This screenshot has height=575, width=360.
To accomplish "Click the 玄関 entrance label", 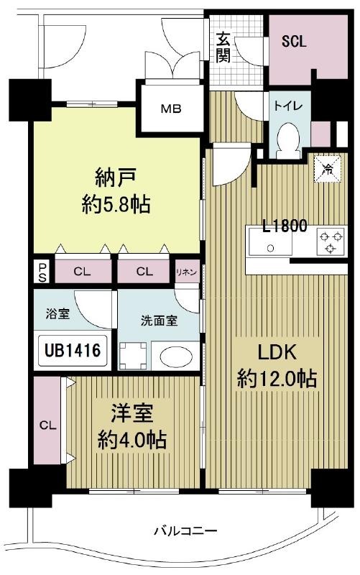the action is [x=223, y=47].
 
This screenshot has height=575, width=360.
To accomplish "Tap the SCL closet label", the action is [x=294, y=42].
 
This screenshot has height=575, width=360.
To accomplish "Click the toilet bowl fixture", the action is [x=289, y=141].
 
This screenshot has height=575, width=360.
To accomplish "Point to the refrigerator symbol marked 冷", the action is [x=328, y=169].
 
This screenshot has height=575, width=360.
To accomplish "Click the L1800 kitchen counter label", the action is [x=285, y=225].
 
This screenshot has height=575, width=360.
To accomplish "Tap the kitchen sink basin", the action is [x=271, y=241].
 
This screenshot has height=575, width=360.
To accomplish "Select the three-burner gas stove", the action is [x=331, y=241].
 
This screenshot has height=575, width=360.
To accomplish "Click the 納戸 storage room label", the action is [x=116, y=177].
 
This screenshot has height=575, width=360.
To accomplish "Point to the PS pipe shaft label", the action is [x=42, y=272].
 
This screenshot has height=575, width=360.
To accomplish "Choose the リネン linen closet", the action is [x=187, y=272].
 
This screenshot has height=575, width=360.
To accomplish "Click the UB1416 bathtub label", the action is [x=73, y=351].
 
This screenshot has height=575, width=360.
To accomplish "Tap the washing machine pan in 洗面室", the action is [x=133, y=356].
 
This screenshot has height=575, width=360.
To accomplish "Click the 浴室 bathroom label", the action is [x=57, y=314].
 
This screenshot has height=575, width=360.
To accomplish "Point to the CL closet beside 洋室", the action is [x=48, y=425].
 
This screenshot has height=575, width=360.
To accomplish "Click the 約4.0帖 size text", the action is [x=131, y=440].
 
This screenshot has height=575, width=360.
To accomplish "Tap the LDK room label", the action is [x=277, y=352].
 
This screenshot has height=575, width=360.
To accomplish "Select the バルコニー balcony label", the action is [x=185, y=530].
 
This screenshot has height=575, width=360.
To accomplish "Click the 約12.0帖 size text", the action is [x=277, y=379].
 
